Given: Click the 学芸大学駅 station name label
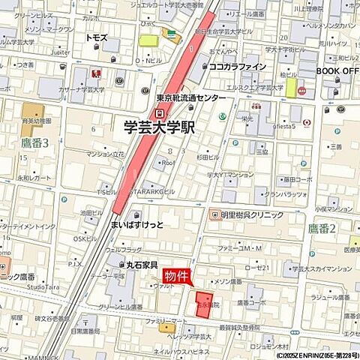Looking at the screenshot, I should click(x=158, y=127).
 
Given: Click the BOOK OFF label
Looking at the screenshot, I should click(x=337, y=70).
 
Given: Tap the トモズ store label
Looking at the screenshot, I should click(x=96, y=37).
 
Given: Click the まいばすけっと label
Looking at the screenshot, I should click(x=138, y=223).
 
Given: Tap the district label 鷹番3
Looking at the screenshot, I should click(x=34, y=142).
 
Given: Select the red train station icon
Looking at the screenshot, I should click(x=159, y=112).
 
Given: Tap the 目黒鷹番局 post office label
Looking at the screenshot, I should click(x=85, y=331).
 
